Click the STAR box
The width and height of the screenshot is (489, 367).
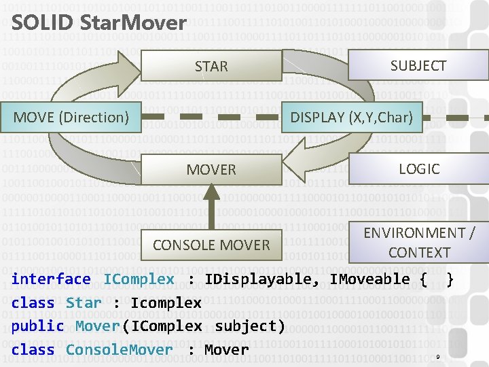tap(211, 67)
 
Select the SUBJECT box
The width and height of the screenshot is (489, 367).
tap(418, 66)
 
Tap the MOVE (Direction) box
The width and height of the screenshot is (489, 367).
tap(71, 117)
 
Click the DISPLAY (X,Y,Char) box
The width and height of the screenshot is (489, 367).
tap(351, 117)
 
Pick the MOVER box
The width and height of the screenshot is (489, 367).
tap(211, 169)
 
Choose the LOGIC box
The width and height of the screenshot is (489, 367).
tap(419, 169)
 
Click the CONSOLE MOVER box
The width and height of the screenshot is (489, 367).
tap(211, 245)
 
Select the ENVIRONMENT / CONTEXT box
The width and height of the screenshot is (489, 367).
tap(419, 243)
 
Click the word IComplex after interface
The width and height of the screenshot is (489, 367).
tap(139, 279)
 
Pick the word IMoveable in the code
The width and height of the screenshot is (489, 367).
tap(369, 279)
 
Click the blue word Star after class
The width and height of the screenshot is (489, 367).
tap(84, 303)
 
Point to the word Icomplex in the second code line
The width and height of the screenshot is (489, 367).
tap(166, 303)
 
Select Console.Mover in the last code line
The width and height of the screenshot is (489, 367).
tap(120, 350)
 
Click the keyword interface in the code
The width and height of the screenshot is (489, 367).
tap(51, 279)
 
